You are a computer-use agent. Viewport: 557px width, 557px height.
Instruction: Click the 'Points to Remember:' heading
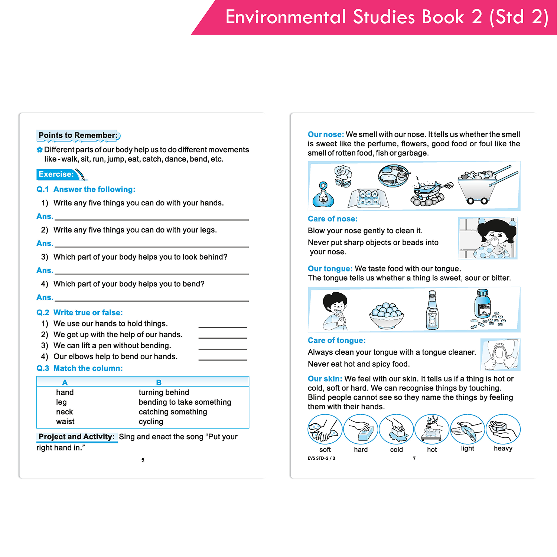point(78,136)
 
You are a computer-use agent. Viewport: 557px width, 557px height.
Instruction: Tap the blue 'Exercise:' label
point(56,174)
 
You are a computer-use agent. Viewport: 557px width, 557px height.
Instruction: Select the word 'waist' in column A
point(65,421)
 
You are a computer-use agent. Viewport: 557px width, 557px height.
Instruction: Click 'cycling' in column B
point(151,421)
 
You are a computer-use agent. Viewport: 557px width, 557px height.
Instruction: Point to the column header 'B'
point(159,382)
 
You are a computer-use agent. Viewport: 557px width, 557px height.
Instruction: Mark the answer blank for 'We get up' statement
point(222,335)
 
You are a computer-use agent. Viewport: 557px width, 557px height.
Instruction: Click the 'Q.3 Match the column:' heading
point(79,368)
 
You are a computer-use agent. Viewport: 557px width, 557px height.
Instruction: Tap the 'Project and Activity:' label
point(76,437)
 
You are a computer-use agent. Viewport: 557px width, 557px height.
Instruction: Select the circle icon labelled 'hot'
point(432,429)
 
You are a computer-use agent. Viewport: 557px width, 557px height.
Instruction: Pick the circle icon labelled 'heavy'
point(503,429)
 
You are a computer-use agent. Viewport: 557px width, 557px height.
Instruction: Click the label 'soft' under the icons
point(325,449)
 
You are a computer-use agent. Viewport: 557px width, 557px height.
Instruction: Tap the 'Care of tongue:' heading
point(336,341)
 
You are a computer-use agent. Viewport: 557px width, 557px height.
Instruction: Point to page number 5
point(143,460)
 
